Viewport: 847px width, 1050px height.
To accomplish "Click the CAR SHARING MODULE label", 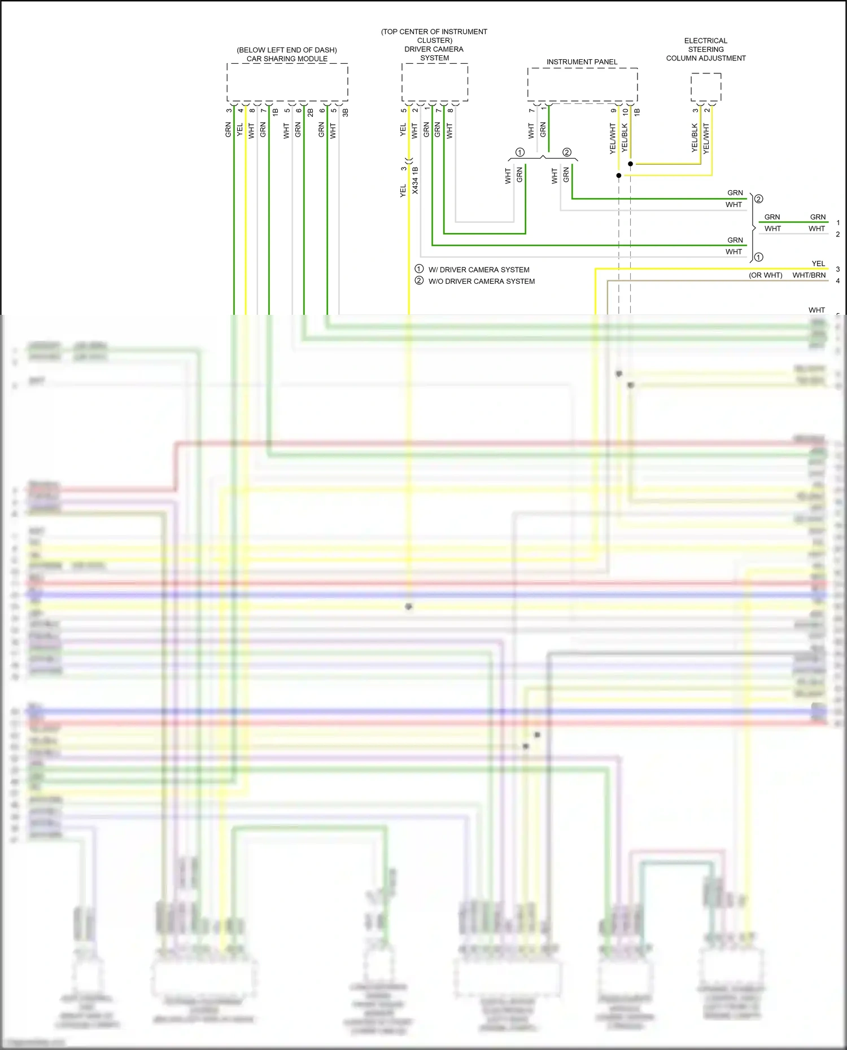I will pos(287,59).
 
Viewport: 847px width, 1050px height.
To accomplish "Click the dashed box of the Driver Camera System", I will pos(435,82).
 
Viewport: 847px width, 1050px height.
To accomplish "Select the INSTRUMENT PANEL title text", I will pos(582,62).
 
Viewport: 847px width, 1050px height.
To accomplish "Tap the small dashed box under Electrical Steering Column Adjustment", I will pos(706,87).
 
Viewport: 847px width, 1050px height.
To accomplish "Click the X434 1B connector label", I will pos(415,181).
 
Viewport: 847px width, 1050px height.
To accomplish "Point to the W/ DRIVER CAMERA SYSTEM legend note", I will pos(479,270).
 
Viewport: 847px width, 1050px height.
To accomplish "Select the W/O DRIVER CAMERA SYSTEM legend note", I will pos(482,281).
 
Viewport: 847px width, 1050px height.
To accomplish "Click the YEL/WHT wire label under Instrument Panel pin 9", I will pos(613,139).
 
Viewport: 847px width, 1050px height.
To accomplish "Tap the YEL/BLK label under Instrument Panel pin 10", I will pos(625,138).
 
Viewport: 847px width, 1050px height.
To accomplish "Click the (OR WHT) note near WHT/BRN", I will pos(766,275).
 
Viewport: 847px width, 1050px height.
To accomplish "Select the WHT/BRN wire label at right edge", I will pos(809,275).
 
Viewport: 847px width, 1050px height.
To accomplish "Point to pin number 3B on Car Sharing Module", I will pos(345,112).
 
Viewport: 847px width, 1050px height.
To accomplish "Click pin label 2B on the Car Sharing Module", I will pos(311,112).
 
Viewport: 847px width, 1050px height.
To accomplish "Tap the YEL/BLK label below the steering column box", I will pos(695,138).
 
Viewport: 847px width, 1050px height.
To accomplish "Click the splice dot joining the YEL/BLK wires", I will pos(630,164).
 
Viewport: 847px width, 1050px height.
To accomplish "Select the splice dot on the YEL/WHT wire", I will pos(618,175).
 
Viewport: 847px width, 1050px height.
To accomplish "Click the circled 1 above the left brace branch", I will pos(520,152).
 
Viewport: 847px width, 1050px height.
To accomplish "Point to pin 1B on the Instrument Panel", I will pos(637,112).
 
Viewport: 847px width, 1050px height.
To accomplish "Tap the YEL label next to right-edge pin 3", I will pos(818,263).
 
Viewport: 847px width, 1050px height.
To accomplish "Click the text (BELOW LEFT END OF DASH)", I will pos(287,50).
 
